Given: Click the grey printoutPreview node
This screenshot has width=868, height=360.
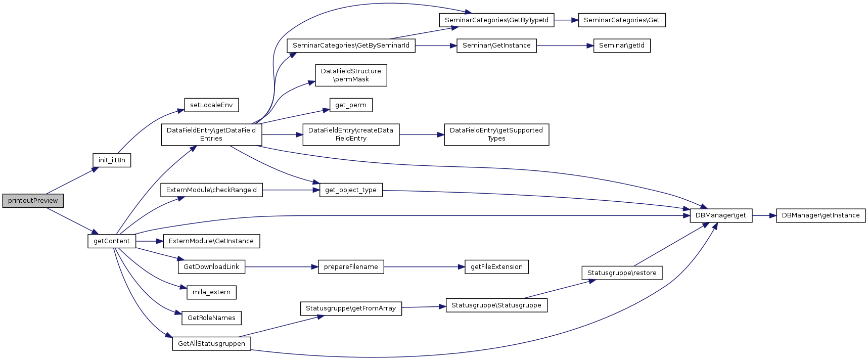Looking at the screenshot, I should [x=33, y=201].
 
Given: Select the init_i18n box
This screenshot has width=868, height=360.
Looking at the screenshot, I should [x=112, y=160].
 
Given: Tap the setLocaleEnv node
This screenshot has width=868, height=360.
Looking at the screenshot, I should [x=211, y=105].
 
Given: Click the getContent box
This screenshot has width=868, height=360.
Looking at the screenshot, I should [x=112, y=241].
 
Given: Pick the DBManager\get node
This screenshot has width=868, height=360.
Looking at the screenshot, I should [x=721, y=215].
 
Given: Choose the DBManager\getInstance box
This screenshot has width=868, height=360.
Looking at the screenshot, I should [x=820, y=215].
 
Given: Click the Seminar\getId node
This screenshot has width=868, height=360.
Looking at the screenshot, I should [x=621, y=46].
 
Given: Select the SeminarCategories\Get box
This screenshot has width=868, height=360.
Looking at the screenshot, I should [x=621, y=20].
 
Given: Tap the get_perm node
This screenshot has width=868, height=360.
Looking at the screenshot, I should [x=351, y=105].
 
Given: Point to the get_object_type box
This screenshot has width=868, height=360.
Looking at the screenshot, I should [x=351, y=190].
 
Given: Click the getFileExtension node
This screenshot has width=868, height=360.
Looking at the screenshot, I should [x=496, y=267].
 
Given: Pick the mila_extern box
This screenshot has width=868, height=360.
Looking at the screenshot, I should [x=211, y=292].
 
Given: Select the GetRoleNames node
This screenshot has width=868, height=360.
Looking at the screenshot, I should [x=211, y=318].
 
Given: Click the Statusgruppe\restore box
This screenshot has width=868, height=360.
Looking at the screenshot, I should [x=621, y=273].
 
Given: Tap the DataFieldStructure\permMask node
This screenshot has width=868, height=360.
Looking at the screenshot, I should [x=351, y=75].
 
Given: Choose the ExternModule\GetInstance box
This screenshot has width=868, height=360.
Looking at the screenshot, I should [x=211, y=241].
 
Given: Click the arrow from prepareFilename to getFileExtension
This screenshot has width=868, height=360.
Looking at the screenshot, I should [x=424, y=267].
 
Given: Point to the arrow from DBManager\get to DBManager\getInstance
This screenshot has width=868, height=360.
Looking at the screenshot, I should [x=764, y=215].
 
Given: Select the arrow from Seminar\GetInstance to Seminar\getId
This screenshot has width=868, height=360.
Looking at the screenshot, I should [x=565, y=46].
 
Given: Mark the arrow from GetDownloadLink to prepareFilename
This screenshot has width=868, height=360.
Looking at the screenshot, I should [x=282, y=267].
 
